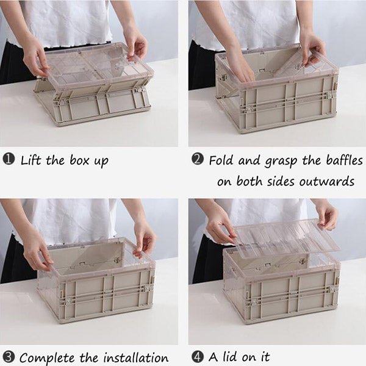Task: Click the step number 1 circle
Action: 9,159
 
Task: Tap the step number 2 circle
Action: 198,159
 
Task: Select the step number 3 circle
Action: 9,357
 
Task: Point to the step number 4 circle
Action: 198,357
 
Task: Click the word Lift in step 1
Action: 31,160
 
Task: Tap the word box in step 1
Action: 79,160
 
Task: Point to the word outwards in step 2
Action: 327,181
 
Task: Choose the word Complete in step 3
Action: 48,358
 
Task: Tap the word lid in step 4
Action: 229,356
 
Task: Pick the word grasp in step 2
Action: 281,162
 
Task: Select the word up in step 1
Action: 101,162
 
